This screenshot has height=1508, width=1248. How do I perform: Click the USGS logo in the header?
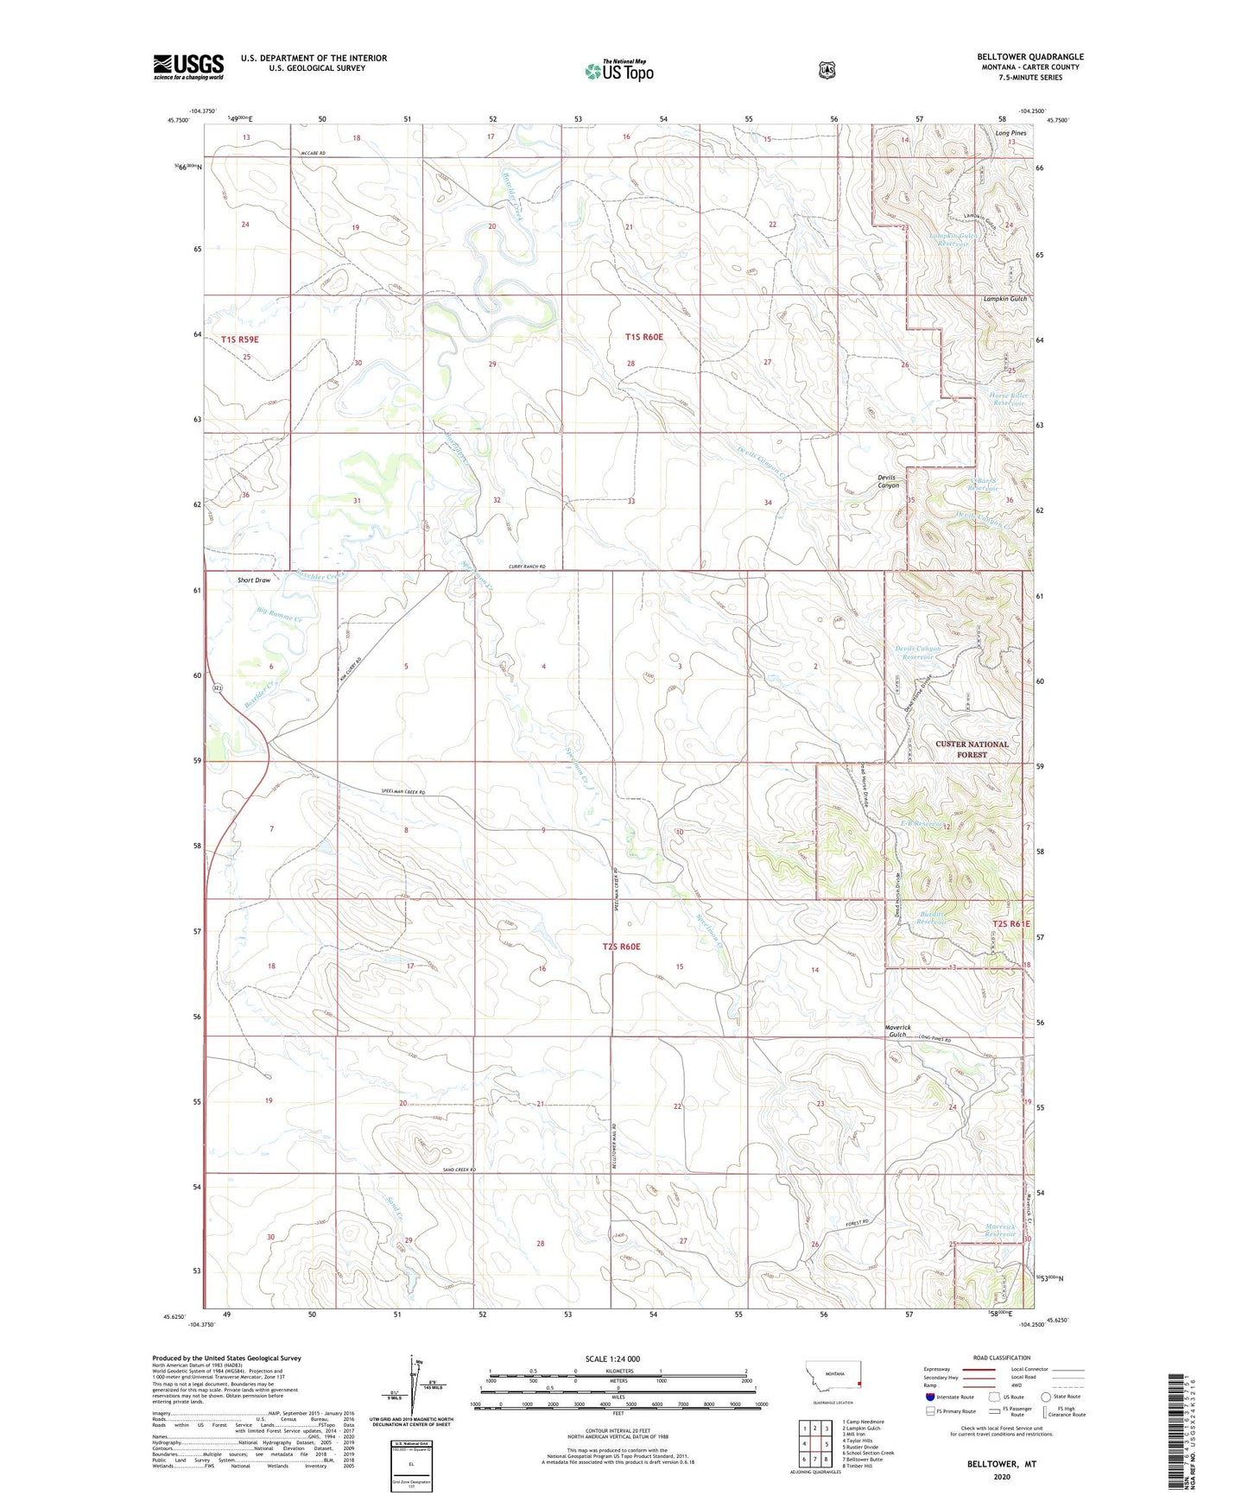[188, 67]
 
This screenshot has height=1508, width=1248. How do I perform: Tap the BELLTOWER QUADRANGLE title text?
[1030, 57]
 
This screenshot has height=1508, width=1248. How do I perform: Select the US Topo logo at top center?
[619, 71]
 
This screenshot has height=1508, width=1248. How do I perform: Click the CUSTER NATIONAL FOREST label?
[972, 749]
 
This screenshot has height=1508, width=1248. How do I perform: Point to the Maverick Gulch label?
[897, 1030]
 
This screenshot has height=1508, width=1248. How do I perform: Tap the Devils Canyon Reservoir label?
[917, 652]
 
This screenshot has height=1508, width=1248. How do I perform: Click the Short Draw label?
[254, 580]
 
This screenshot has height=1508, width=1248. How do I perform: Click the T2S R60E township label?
[621, 947]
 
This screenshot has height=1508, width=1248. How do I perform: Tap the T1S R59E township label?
[239, 339]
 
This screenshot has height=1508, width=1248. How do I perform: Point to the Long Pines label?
[1010, 133]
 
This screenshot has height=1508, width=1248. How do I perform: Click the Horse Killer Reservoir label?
[1007, 399]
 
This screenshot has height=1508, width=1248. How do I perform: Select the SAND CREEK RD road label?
[453, 1169]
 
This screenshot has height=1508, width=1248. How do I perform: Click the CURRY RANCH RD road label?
[527, 567]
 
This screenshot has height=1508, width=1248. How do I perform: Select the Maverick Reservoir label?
[1000, 1230]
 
